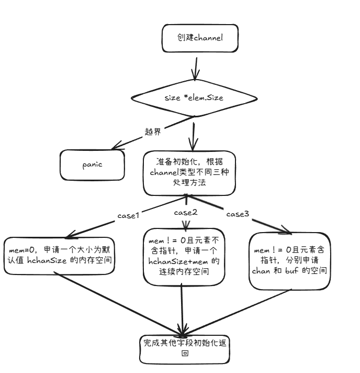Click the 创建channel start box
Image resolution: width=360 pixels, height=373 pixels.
click(200, 38)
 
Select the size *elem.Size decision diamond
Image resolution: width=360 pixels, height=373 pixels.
click(194, 98)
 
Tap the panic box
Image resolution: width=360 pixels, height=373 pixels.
click(92, 165)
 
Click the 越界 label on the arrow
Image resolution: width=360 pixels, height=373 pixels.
click(153, 131)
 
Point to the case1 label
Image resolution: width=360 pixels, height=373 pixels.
click(128, 215)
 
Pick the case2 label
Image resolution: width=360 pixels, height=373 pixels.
click(186, 212)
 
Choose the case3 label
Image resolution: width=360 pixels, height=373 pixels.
click(238, 214)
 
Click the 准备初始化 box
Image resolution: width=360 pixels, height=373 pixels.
click(189, 173)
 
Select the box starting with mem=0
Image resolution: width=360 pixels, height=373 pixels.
click(60, 256)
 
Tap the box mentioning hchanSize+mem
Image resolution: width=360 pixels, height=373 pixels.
click(184, 257)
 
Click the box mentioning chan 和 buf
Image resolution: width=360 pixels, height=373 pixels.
click(289, 261)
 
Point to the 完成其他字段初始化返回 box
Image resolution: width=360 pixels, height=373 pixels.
click(185, 349)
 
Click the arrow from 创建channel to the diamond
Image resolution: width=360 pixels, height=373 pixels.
click(196, 69)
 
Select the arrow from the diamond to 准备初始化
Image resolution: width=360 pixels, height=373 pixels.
click(193, 137)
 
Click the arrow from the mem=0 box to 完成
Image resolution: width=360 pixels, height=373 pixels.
click(118, 303)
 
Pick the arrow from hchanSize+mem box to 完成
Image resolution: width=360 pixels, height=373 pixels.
click(182, 309)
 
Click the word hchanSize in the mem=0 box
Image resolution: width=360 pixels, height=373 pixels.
click(47, 260)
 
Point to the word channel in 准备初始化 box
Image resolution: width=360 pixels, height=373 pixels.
click(164, 172)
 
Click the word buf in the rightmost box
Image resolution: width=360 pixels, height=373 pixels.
click(292, 271)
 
